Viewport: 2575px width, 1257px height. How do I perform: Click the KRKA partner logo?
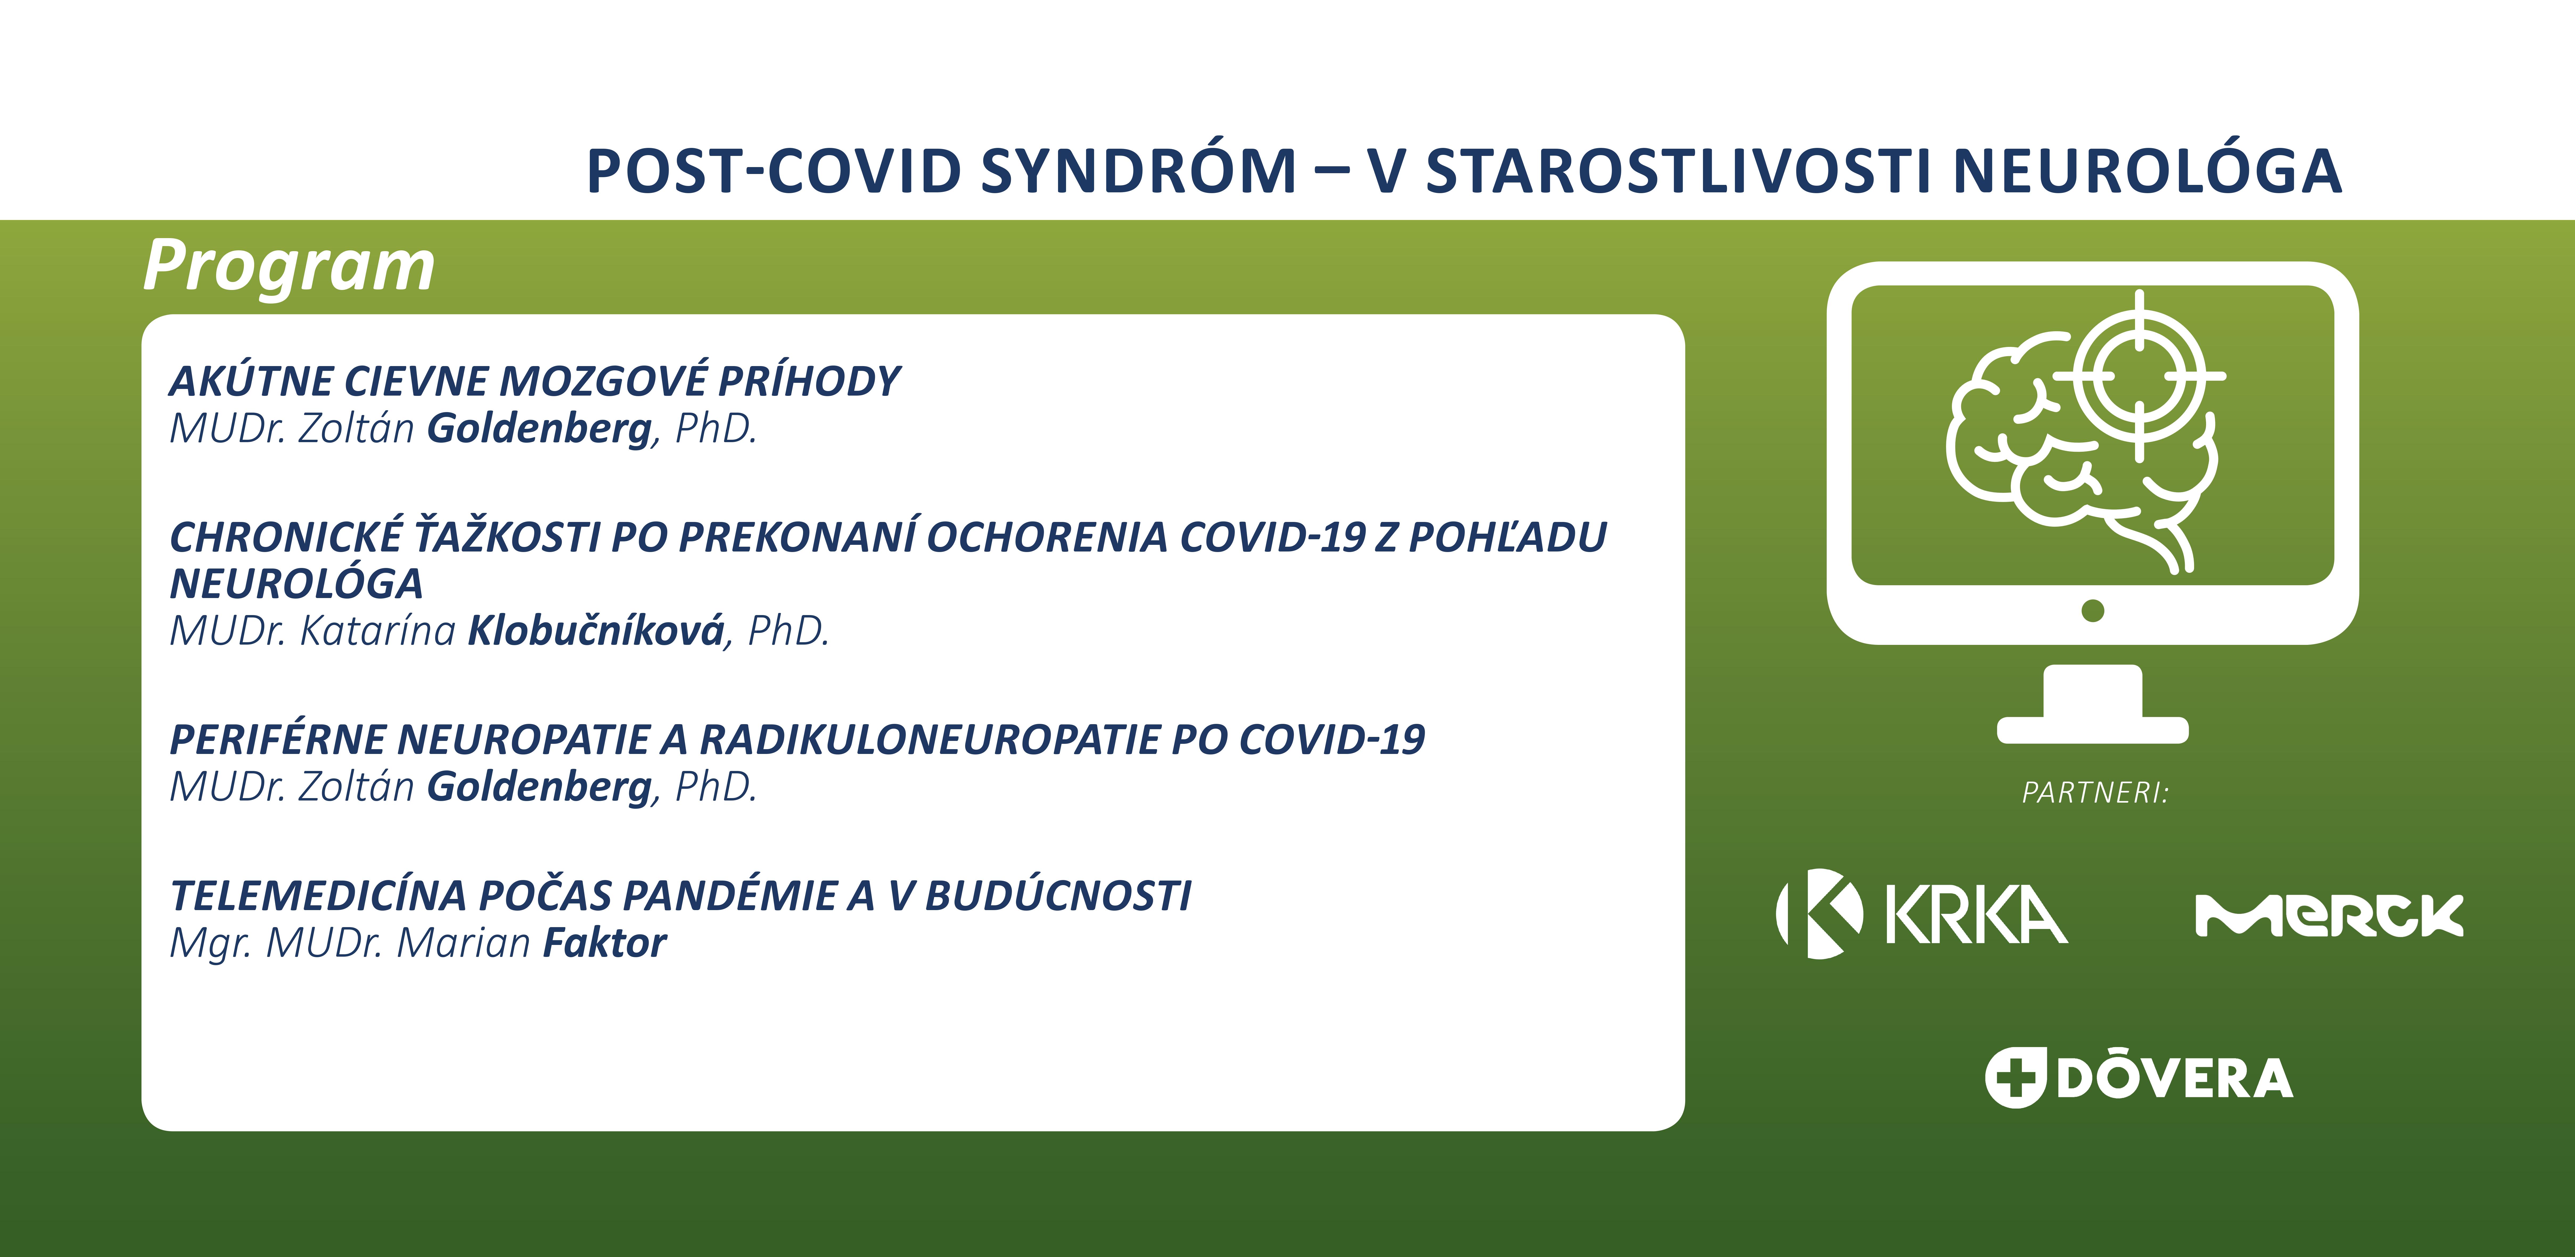pyautogui.click(x=1921, y=913)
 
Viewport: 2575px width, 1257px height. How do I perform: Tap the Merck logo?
pyautogui.click(x=2329, y=915)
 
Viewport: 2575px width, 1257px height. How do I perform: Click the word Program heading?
pyautogui.click(x=289, y=267)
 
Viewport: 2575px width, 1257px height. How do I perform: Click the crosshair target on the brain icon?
pyautogui.click(x=2139, y=377)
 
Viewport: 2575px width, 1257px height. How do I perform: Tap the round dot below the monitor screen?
pyautogui.click(x=2092, y=611)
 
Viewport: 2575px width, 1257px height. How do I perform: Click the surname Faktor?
pyautogui.click(x=604, y=942)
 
